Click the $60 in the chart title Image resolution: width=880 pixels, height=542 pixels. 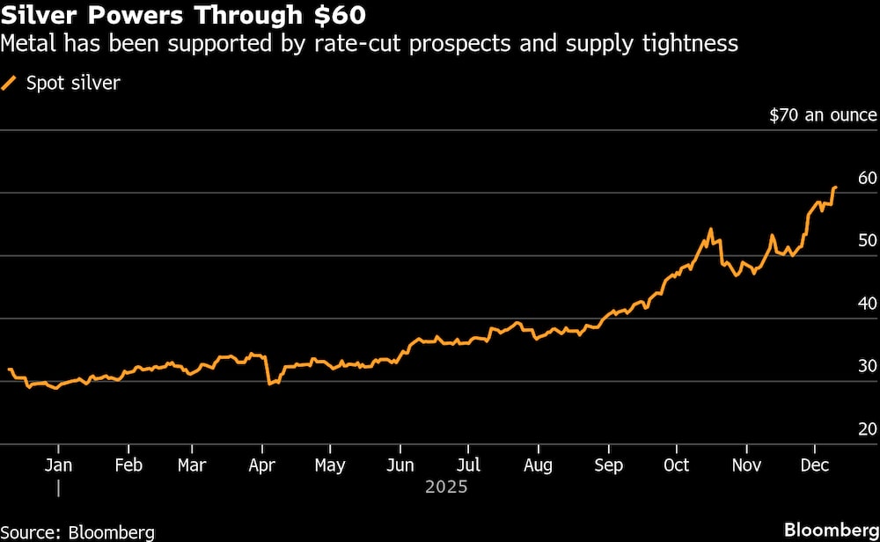339,16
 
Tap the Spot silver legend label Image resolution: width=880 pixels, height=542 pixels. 72,84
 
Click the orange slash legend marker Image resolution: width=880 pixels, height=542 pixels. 10,84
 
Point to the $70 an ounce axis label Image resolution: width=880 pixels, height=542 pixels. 823,115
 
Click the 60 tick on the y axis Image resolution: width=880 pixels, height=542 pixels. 867,179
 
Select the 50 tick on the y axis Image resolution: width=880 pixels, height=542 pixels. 867,241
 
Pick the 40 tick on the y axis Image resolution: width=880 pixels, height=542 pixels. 867,304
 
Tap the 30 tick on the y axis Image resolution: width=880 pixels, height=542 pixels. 867,367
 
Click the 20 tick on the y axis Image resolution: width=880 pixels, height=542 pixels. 867,429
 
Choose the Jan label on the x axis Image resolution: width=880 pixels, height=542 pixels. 58,465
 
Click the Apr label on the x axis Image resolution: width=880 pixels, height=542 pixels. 262,465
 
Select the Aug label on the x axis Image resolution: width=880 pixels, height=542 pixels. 538,465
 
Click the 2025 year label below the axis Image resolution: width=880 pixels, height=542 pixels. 446,487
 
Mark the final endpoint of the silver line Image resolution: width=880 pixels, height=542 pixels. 835,187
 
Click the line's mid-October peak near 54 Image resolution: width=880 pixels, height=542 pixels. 710,230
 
